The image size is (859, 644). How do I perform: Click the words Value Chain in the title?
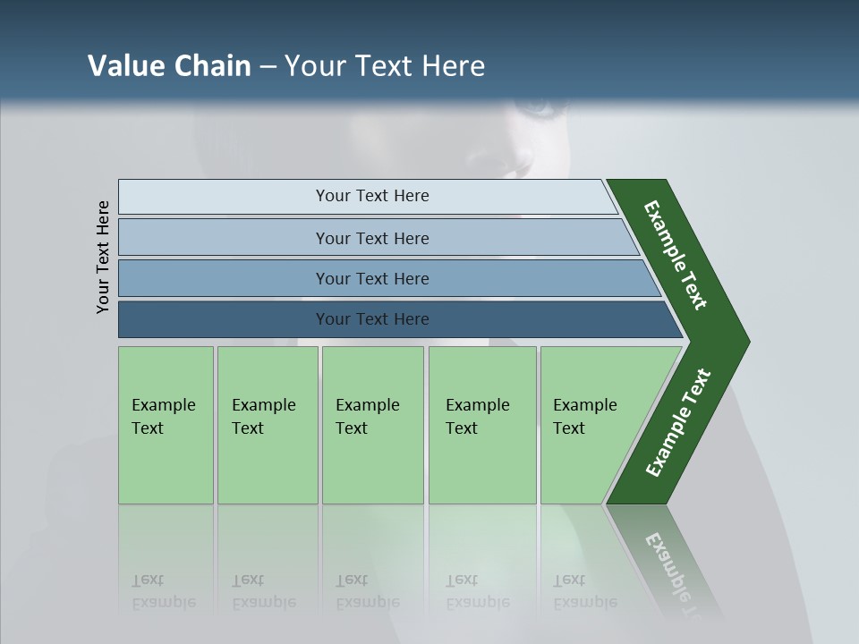169,66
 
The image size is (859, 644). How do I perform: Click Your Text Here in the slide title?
385,66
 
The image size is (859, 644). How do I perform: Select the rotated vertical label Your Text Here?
103,258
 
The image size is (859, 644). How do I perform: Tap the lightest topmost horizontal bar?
371,196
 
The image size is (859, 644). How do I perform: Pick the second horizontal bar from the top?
372,238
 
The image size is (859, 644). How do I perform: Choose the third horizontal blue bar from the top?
372,278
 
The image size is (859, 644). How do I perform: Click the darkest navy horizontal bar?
372,319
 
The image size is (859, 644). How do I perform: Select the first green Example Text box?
166,425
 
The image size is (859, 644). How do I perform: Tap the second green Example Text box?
267,425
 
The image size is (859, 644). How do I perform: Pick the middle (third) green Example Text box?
372,425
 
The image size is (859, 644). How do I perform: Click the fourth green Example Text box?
481,425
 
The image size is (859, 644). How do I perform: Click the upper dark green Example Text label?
676,255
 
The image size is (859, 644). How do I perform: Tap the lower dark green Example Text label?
678,423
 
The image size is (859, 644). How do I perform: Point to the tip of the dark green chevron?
744,342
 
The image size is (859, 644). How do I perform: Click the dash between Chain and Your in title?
268,67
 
